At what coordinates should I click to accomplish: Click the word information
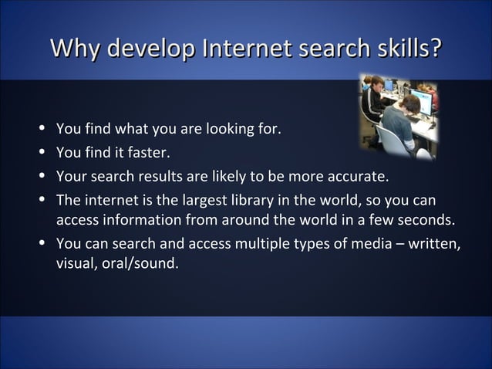coord(144,221)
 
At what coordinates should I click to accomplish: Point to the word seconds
coord(429,221)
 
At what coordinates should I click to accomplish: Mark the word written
coord(435,245)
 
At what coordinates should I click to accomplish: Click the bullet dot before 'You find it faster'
coord(43,149)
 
